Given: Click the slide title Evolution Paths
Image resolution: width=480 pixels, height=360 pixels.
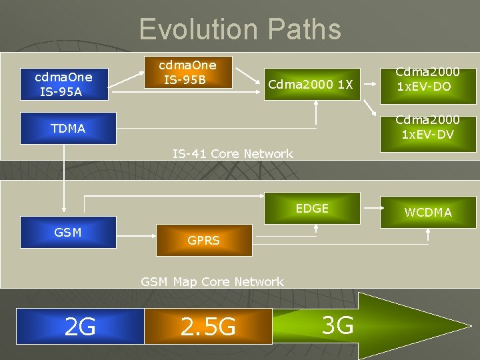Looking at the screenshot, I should pos(240,30).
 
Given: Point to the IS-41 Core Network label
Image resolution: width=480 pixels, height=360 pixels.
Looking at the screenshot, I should pos(233,154).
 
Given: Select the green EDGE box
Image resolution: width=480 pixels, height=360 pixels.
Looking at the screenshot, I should pos(312,209).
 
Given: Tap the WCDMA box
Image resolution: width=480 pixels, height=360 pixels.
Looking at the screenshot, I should pos(427,212).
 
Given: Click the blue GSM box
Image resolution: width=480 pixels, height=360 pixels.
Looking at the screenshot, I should pos(68,233).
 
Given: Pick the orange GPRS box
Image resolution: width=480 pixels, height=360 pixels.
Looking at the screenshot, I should pos(203,240).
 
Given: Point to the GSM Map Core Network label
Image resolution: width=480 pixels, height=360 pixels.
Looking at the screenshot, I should pos(212,282).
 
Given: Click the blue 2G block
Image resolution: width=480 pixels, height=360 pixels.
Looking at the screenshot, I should pos(80,327).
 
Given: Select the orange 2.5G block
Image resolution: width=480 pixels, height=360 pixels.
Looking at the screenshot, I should pos(208,327).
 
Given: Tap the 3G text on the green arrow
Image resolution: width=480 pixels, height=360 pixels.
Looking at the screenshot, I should pos(337,325).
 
